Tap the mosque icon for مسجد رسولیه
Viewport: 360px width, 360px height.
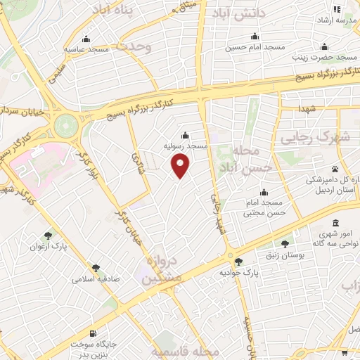coord(186,135)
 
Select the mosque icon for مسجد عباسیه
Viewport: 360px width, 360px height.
coord(86,39)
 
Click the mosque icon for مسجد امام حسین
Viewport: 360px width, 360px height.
coord(255,37)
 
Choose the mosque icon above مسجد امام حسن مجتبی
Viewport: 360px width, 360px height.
coord(264,192)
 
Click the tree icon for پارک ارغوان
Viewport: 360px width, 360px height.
coord(48,236)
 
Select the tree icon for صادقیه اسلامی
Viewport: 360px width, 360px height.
coord(96,267)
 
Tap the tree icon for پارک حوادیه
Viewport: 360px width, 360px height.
coord(238,262)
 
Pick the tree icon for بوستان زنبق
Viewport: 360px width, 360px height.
coord(284,243)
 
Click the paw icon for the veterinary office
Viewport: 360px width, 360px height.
coord(335,169)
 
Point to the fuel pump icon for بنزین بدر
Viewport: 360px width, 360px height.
coord(92,333)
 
